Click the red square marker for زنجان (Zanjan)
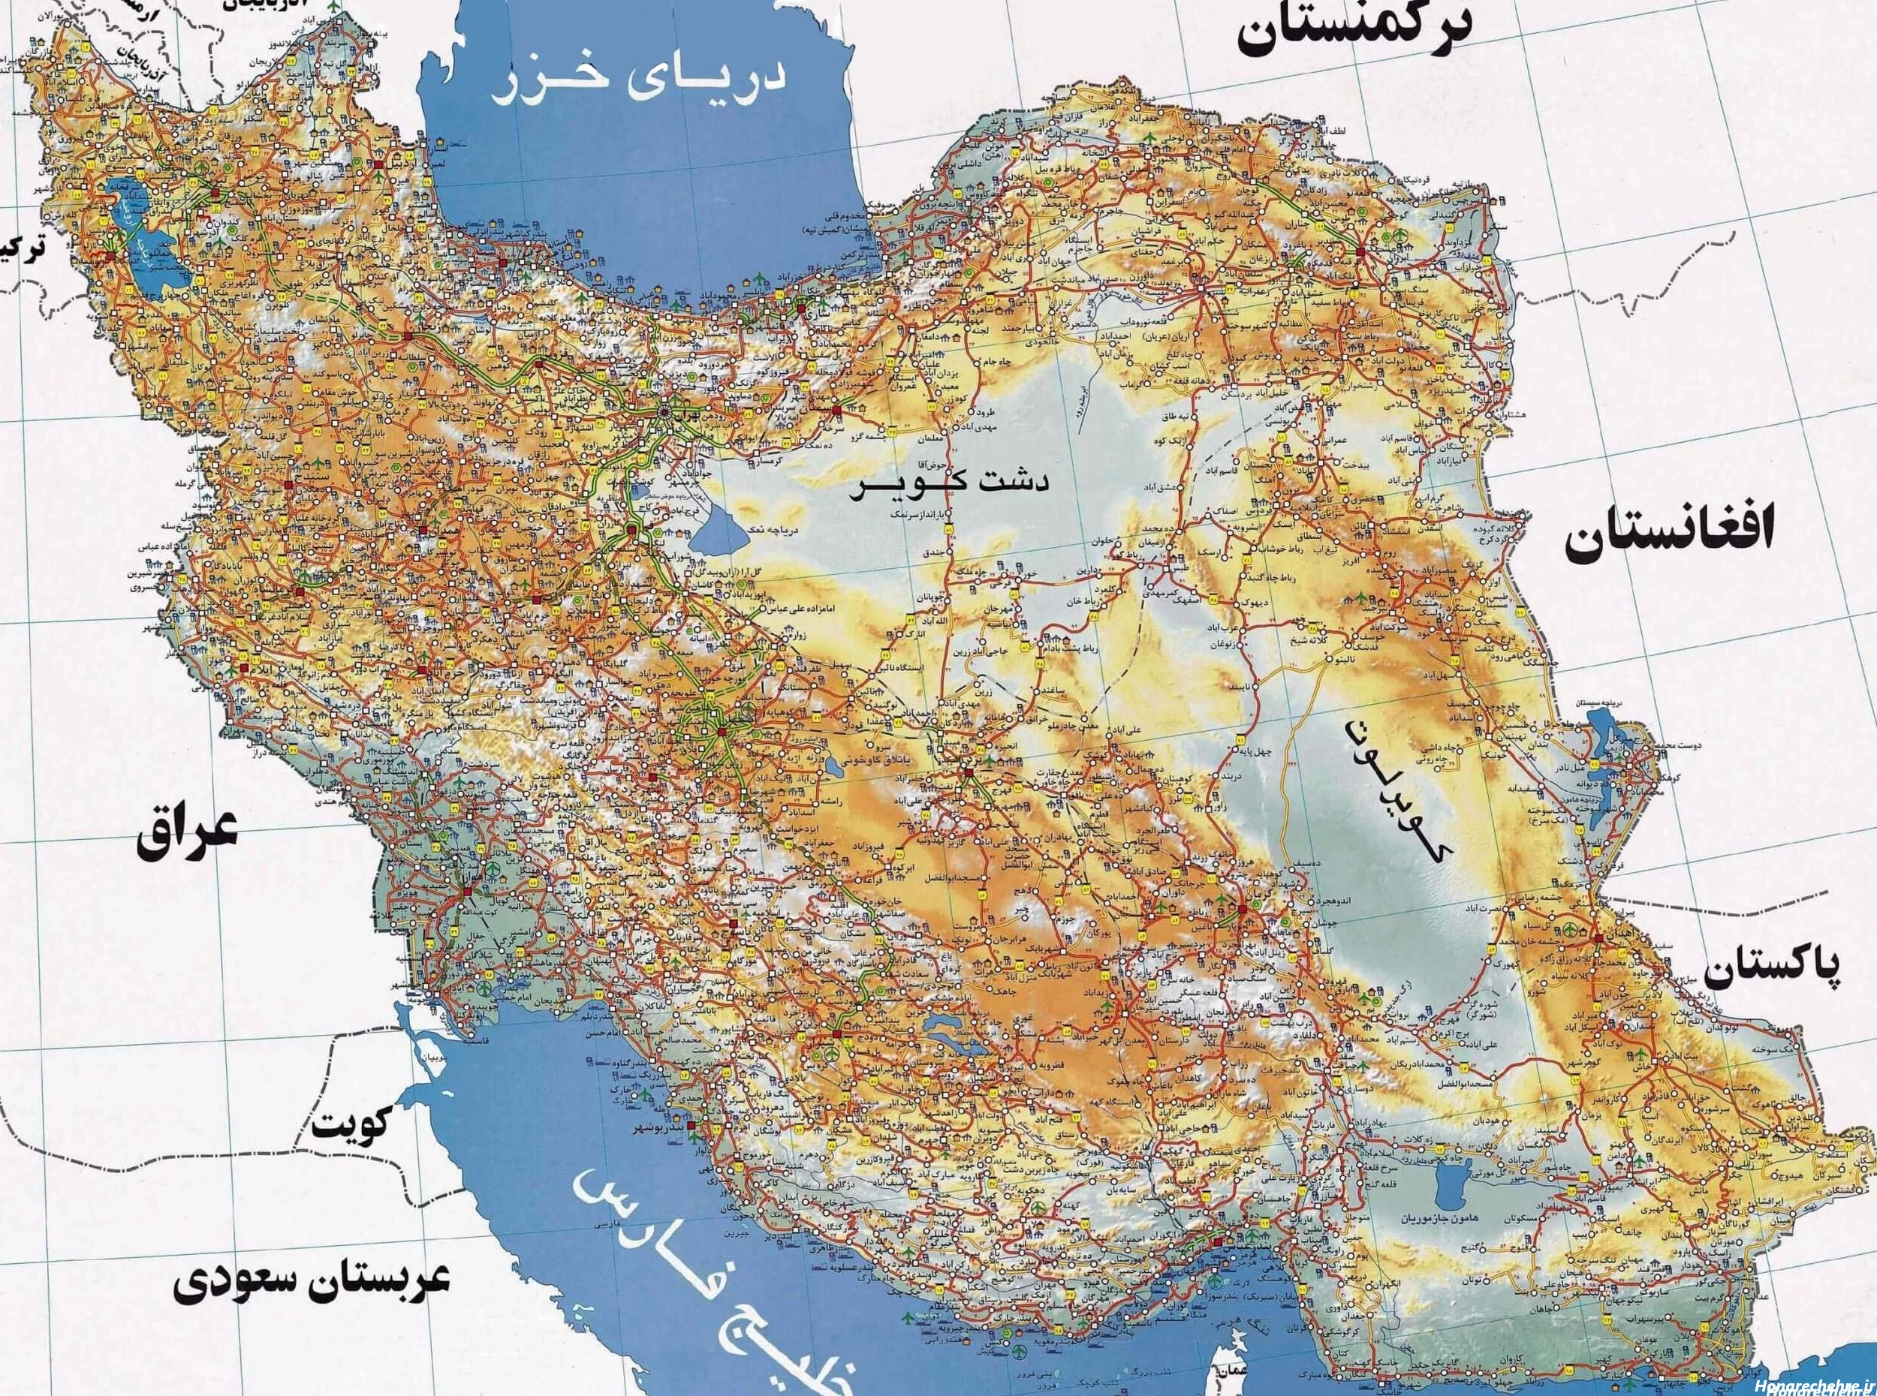(408, 335)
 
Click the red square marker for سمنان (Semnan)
(836, 411)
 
